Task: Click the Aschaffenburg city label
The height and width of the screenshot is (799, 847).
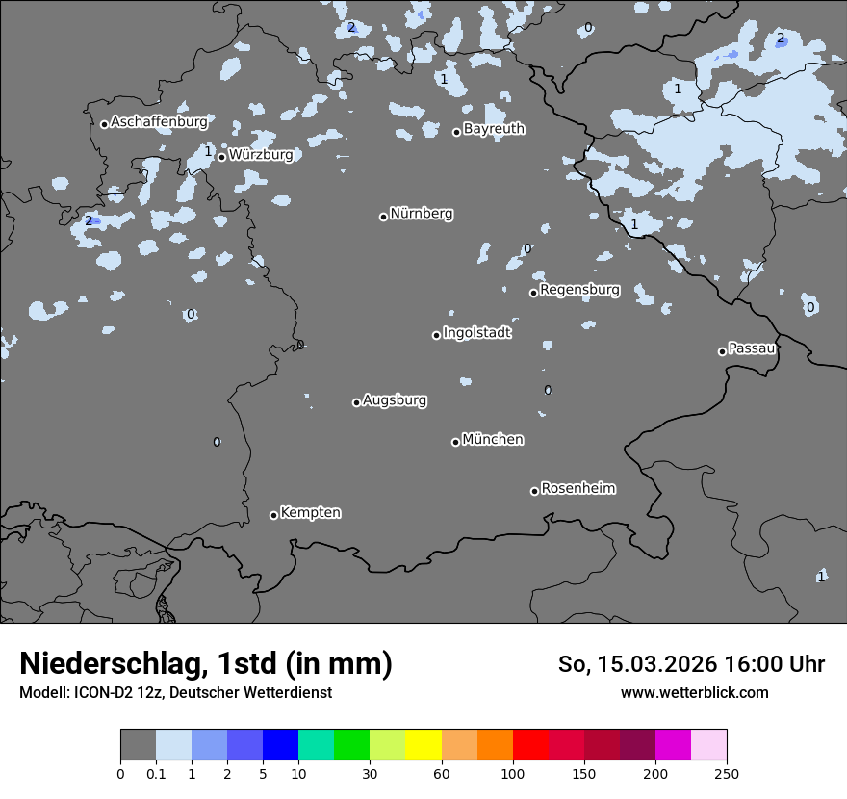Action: pyautogui.click(x=159, y=122)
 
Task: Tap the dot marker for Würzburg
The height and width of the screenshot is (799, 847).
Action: pyautogui.click(x=221, y=157)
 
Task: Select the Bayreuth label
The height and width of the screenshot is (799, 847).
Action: pyautogui.click(x=494, y=128)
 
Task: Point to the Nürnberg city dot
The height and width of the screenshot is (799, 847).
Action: pyautogui.click(x=383, y=217)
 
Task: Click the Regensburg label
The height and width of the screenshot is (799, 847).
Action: pyautogui.click(x=579, y=289)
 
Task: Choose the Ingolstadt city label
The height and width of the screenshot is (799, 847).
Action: pyautogui.click(x=476, y=332)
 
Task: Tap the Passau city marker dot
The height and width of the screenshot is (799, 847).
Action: pyautogui.click(x=722, y=351)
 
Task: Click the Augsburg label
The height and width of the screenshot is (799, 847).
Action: pyautogui.click(x=395, y=399)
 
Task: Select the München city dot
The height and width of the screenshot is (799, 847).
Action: pyautogui.click(x=455, y=442)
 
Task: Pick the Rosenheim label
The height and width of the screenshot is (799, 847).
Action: pyautogui.click(x=577, y=488)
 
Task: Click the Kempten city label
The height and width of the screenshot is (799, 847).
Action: pyautogui.click(x=310, y=512)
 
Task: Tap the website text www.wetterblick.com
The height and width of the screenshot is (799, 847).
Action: pyautogui.click(x=694, y=692)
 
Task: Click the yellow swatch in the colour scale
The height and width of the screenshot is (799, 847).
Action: pyautogui.click(x=423, y=745)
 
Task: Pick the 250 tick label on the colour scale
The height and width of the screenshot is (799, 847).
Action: pyautogui.click(x=727, y=773)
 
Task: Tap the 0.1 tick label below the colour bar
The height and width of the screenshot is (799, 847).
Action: pyautogui.click(x=156, y=773)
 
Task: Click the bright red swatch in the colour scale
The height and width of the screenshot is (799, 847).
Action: pyautogui.click(x=530, y=745)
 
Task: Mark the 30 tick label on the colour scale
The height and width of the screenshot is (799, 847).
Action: pyautogui.click(x=370, y=773)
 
